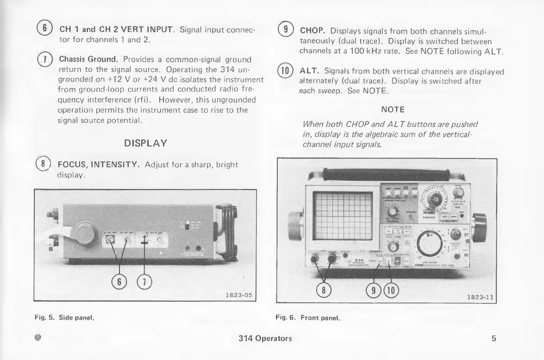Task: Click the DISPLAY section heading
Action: tap(145, 143)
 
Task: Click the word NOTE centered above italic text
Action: tap(393, 109)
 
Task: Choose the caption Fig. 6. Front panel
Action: tap(308, 318)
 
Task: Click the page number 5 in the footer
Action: tap(494, 338)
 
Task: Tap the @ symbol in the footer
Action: tap(38, 338)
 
